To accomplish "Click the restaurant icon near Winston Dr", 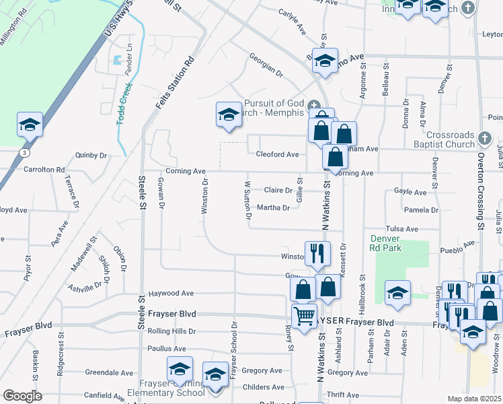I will click(x=317, y=253).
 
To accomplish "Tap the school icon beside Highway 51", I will click(x=30, y=125).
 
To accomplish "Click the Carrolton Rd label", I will click(x=44, y=170).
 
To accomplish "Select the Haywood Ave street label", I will click(x=171, y=294).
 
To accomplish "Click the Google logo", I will click(x=22, y=395).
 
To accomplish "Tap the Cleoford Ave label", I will click(x=277, y=155).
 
